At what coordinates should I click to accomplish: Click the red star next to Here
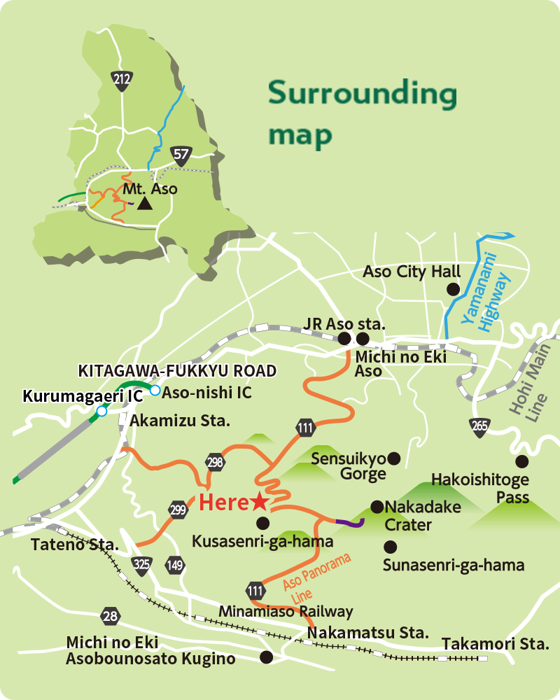tap(259, 501)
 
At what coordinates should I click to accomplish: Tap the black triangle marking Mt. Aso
tap(145, 204)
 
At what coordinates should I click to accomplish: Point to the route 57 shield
tap(181, 154)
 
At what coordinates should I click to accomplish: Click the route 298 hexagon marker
tap(215, 461)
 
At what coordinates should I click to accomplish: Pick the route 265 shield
tap(479, 426)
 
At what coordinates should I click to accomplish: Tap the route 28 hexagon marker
tap(110, 616)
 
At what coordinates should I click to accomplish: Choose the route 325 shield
tap(142, 565)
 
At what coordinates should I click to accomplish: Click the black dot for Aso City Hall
tap(454, 288)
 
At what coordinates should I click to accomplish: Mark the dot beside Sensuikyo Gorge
tap(394, 458)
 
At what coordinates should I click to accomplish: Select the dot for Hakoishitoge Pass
tap(521, 461)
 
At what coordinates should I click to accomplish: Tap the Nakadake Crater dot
tap(377, 506)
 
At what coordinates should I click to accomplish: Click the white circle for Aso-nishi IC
tap(155, 390)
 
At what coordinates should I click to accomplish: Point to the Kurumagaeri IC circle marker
tap(102, 412)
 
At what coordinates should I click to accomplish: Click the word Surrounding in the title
tap(362, 94)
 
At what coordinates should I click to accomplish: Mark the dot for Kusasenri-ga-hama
tap(262, 522)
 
